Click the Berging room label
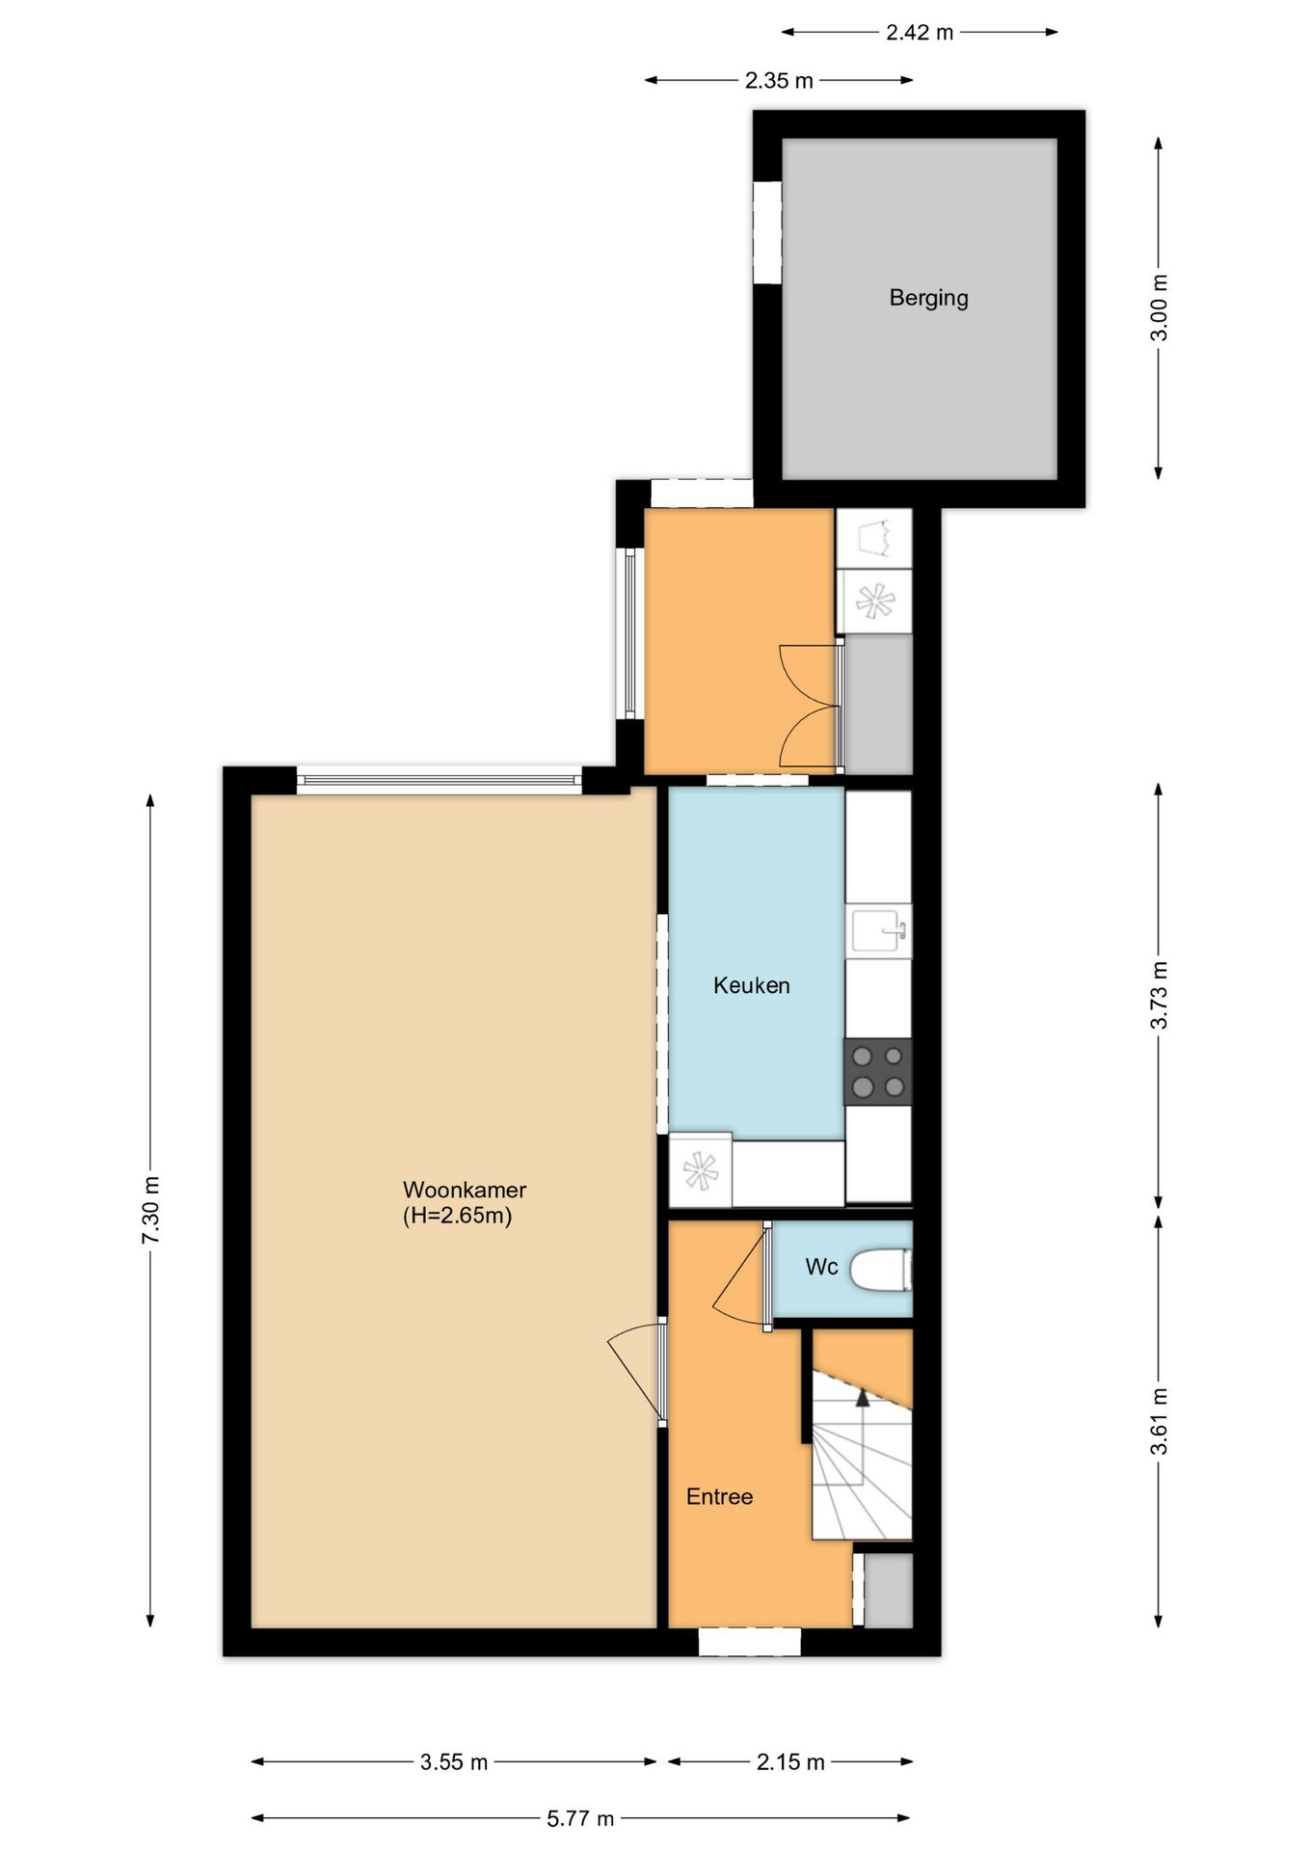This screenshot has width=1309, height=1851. [928, 298]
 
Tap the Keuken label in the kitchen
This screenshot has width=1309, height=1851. [752, 985]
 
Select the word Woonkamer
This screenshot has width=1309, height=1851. [465, 1190]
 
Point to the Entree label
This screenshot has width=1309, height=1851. [719, 1496]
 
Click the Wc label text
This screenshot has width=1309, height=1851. [821, 1267]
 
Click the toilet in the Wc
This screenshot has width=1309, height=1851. [881, 1269]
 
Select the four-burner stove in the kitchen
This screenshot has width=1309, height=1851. [877, 1071]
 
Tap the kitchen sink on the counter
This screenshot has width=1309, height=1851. [878, 930]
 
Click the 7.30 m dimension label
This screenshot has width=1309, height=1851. [150, 1211]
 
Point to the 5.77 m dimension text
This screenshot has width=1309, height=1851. [580, 1818]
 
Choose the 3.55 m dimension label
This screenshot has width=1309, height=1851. [454, 1762]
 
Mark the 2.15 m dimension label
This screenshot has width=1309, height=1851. [790, 1762]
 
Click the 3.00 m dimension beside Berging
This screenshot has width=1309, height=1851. [1160, 308]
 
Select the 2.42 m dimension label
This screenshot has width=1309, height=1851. [920, 33]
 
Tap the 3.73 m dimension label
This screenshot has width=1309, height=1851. [1160, 995]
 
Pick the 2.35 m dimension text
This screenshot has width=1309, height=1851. [779, 81]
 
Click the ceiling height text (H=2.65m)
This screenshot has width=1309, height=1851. [457, 1216]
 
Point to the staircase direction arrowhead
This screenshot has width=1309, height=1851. [862, 1398]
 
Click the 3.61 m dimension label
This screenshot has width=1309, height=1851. [1160, 1421]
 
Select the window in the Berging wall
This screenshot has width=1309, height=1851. [767, 232]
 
